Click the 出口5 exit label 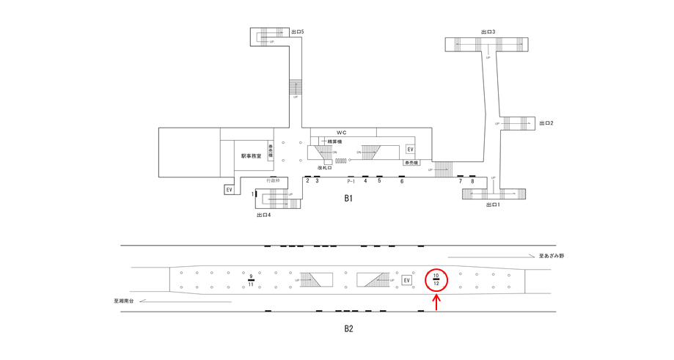click(x=298, y=32)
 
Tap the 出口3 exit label click(x=488, y=32)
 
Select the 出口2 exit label click(x=546, y=123)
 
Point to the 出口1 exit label click(x=493, y=205)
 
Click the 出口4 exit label click(x=264, y=215)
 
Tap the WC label click(x=342, y=133)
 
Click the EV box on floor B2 click(x=407, y=280)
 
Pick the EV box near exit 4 click(x=229, y=190)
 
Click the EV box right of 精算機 click(x=410, y=150)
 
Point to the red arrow click(x=436, y=302)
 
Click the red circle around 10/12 click(x=436, y=279)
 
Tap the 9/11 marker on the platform click(x=251, y=280)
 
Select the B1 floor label click(x=349, y=198)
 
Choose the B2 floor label click(x=349, y=328)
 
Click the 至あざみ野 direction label click(x=552, y=256)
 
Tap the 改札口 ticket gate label click(x=325, y=168)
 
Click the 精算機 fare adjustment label click(x=335, y=142)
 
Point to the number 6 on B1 click(x=402, y=181)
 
